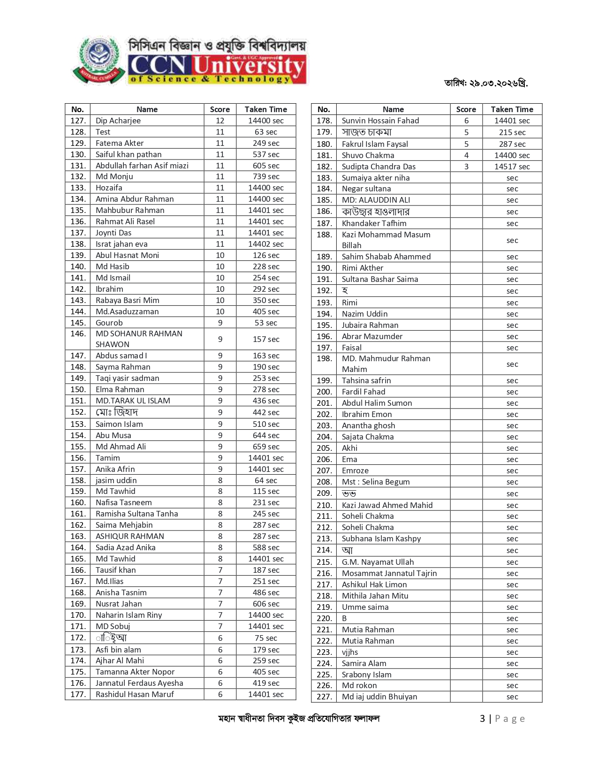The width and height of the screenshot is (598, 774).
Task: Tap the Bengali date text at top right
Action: (x=486, y=83)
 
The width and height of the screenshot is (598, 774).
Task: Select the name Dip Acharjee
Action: (x=118, y=121)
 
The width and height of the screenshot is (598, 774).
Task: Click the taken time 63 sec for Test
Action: (x=266, y=132)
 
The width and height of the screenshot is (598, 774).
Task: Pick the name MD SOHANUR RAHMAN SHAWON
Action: (x=139, y=339)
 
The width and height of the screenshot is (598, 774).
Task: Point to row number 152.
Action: (x=78, y=412)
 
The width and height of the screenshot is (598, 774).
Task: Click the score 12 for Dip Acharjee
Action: (x=220, y=121)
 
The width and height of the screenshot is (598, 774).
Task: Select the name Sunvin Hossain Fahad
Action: (x=380, y=121)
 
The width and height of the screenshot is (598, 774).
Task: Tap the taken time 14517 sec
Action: (x=512, y=167)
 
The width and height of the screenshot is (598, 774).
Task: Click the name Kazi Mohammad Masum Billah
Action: (x=386, y=240)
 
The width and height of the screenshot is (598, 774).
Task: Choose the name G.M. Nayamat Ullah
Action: (x=378, y=562)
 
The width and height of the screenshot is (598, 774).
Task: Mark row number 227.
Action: (x=324, y=697)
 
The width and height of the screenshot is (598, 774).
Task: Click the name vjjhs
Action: (x=350, y=652)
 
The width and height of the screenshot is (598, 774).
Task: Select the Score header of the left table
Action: (x=220, y=109)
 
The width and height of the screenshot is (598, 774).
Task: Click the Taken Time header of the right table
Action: (x=512, y=109)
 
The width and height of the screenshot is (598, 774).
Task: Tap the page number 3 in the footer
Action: (x=482, y=719)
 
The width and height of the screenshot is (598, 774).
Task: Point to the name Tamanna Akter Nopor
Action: (x=135, y=672)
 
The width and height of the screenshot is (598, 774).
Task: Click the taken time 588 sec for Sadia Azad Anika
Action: (x=266, y=547)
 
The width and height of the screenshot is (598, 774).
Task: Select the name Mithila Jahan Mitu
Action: (x=375, y=596)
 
